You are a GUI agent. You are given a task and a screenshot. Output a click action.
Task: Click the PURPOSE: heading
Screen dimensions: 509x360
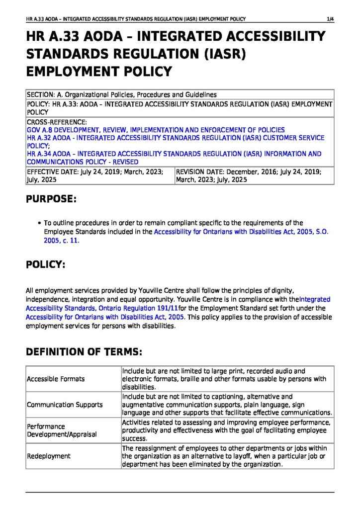[x=51, y=199]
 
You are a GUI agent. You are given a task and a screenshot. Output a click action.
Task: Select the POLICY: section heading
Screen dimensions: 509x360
[x=46, y=264]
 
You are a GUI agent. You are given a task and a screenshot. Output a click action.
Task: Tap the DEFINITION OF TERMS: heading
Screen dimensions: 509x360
[x=84, y=352]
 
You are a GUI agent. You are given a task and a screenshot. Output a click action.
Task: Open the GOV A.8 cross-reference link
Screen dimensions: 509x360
[x=156, y=130]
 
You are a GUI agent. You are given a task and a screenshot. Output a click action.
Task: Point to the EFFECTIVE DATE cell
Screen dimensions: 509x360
[x=99, y=175]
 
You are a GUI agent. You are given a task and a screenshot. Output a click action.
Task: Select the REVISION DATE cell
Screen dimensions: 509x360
[x=254, y=175]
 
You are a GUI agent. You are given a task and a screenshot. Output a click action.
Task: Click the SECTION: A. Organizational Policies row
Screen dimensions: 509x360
[x=122, y=94]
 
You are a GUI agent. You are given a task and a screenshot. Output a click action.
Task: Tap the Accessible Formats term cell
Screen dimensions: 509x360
[x=56, y=379]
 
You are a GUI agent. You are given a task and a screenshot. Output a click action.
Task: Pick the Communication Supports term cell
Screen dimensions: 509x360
[x=65, y=405]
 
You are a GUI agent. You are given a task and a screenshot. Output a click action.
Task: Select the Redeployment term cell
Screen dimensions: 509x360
[x=49, y=456]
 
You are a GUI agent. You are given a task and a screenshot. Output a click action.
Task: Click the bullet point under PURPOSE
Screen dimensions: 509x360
[x=39, y=223]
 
